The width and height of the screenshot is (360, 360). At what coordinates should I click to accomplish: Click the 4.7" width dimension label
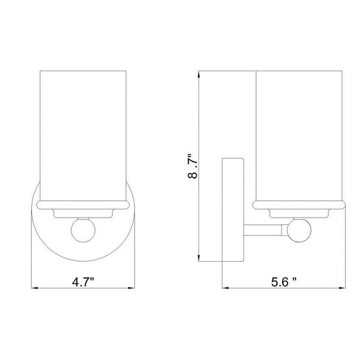83,282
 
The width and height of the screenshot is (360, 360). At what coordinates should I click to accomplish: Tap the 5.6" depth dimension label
284,282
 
